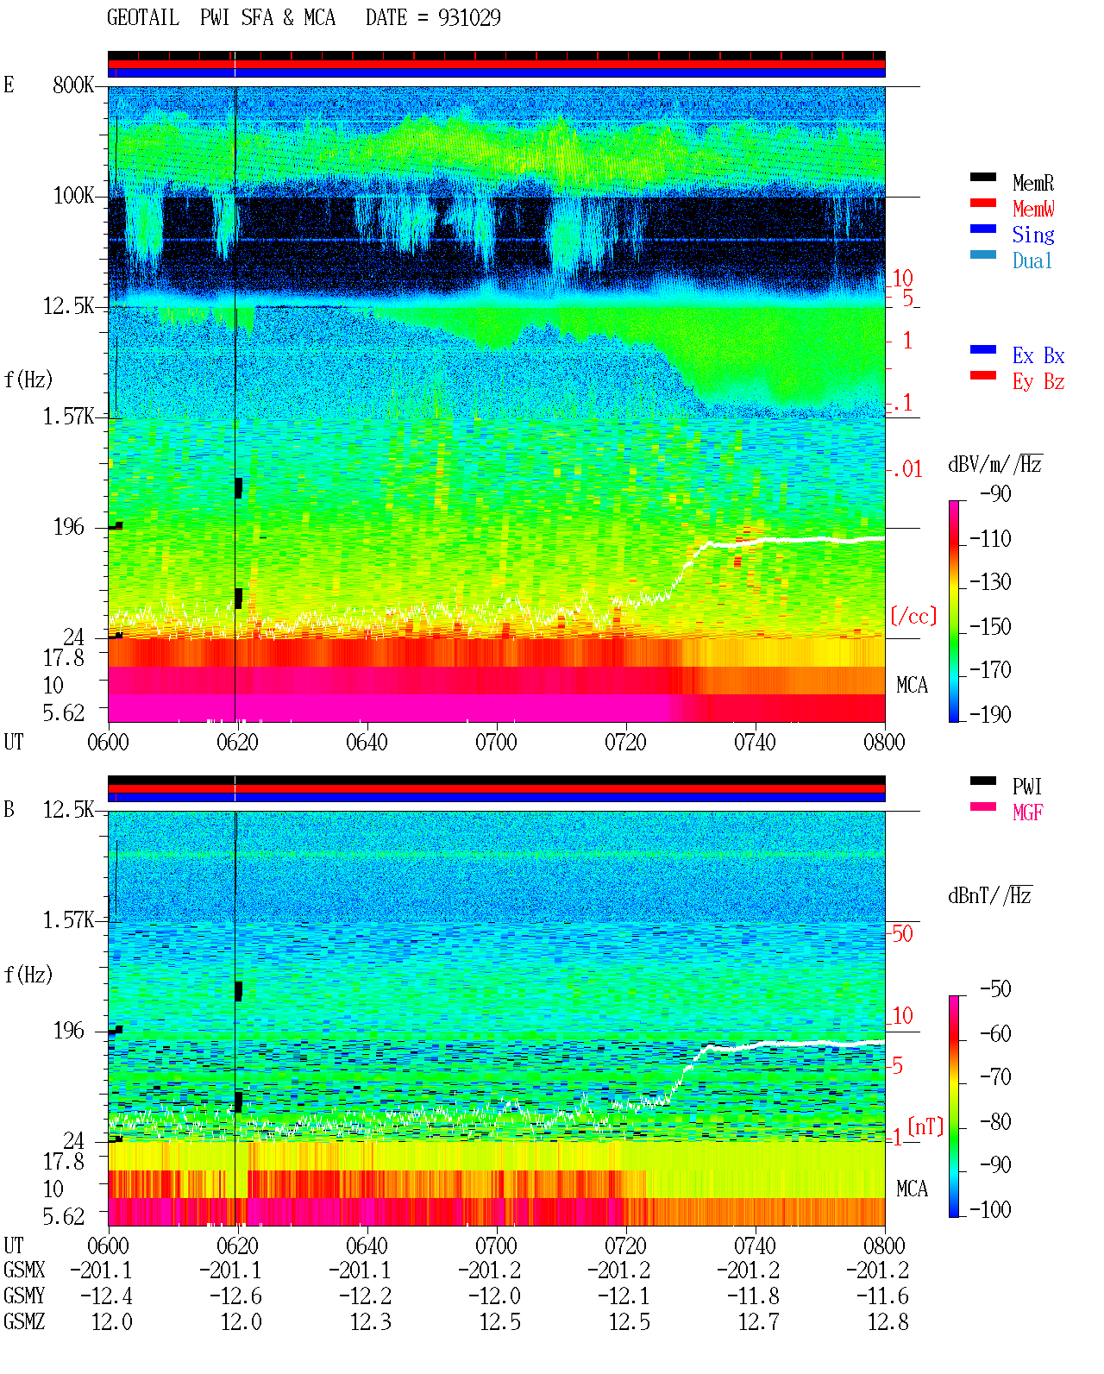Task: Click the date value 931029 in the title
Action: coord(469,18)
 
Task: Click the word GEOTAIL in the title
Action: coord(143,18)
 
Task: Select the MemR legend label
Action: coord(1033,183)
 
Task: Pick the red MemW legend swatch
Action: coord(982,203)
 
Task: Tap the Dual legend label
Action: coord(1032,260)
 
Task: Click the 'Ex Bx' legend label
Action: coord(1038,355)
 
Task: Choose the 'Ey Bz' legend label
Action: coord(1038,381)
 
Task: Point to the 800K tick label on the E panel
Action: coord(73,85)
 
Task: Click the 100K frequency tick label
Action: coord(73,196)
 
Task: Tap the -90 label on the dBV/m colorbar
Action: coord(995,493)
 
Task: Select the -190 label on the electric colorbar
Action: coord(990,714)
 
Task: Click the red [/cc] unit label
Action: coord(913,616)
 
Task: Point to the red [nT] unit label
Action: coord(925,1126)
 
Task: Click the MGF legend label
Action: coord(1028,812)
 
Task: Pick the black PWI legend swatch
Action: coord(982,781)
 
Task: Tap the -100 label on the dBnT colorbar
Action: coord(990,1209)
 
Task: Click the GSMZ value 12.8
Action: coord(888,1321)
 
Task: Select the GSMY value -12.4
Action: coord(107,1296)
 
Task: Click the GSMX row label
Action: coord(24,1270)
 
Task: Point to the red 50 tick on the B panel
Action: coord(902,934)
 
